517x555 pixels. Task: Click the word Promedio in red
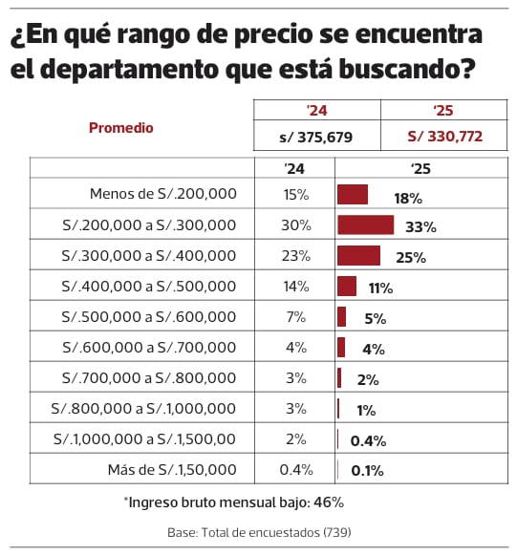[121, 127]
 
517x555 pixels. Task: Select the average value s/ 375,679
[315, 138]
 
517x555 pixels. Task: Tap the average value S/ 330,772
[444, 138]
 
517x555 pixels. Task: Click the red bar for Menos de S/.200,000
[353, 195]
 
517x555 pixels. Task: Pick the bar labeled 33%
[365, 225]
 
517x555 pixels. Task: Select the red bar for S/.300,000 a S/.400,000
[358, 256]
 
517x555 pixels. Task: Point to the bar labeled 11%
[347, 287]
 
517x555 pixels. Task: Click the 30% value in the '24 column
[295, 225]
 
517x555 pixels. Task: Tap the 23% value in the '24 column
[295, 256]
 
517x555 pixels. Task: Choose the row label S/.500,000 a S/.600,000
[148, 317]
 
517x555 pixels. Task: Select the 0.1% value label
[368, 471]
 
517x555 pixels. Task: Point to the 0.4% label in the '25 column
[368, 440]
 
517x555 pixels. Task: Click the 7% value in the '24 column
[295, 317]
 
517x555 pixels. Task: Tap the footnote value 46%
[327, 502]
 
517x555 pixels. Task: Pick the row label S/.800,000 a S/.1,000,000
[143, 409]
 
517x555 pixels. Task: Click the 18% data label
[407, 198]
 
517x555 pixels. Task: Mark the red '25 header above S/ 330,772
[444, 110]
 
